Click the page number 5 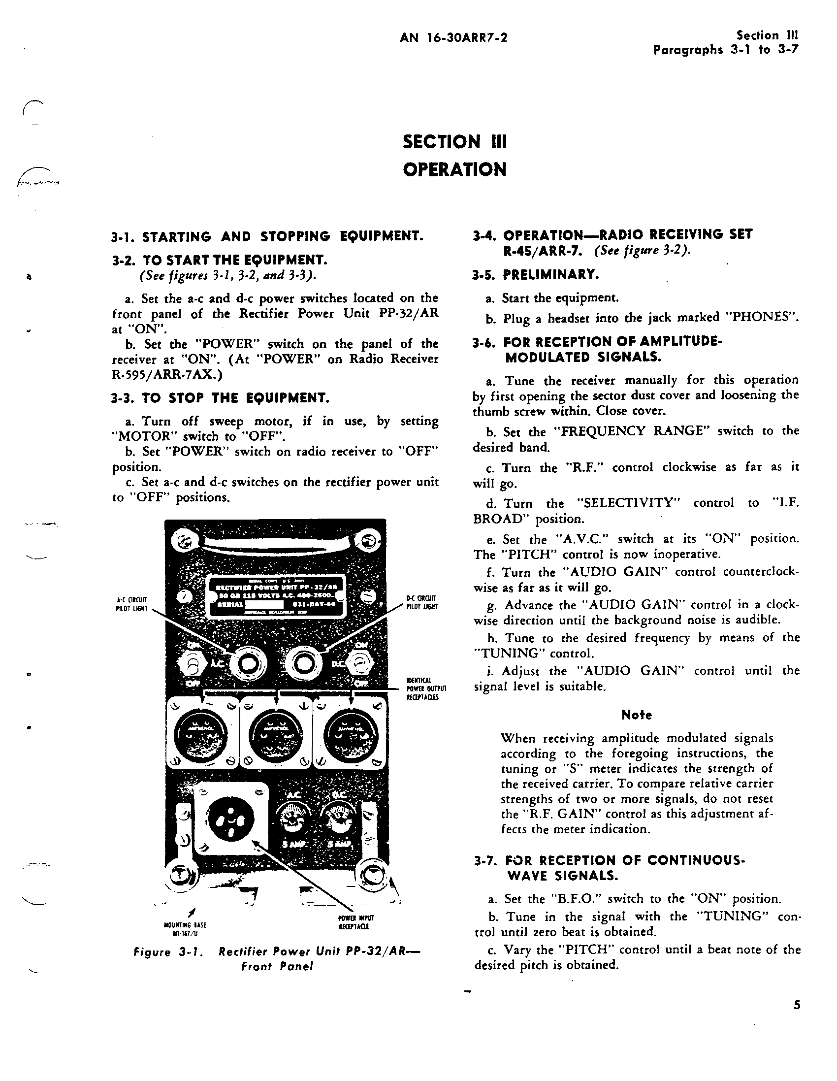tap(797, 1005)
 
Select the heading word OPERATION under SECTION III tap(454, 169)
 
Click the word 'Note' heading tap(637, 715)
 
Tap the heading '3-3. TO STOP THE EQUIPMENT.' tap(220, 398)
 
